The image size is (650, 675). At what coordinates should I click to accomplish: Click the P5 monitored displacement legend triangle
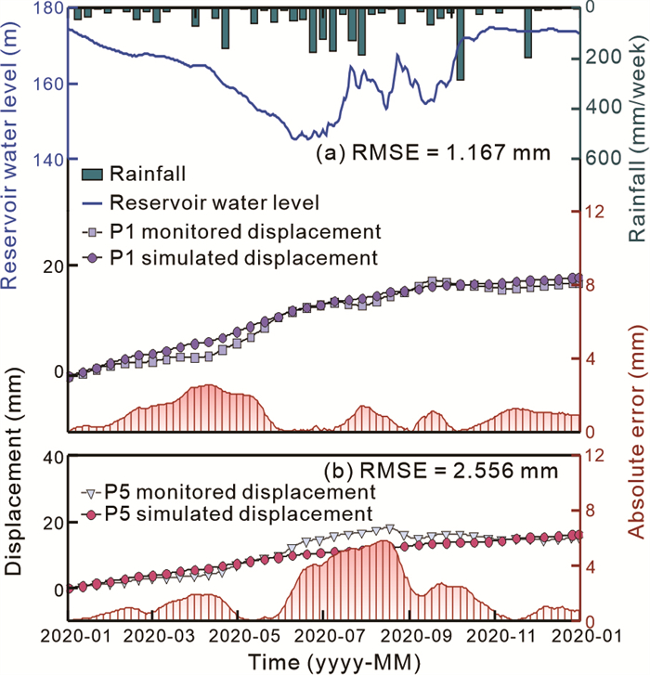tap(90, 491)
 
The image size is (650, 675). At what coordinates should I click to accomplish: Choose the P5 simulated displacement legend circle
tap(90, 513)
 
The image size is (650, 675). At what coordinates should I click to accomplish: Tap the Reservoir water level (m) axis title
tap(13, 158)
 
